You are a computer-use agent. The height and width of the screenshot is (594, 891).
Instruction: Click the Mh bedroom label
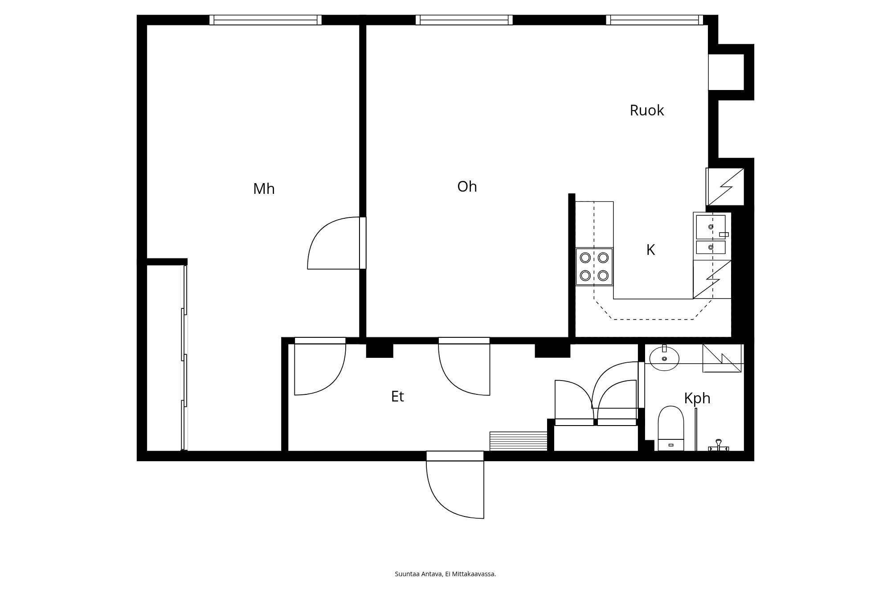tap(264, 189)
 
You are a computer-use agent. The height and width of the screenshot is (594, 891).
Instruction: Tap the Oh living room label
tap(467, 186)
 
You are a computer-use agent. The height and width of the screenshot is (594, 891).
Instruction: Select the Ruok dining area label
tap(646, 110)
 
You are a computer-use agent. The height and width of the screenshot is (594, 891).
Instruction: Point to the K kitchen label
tap(650, 250)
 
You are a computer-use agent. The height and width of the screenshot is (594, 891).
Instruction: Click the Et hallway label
tap(397, 396)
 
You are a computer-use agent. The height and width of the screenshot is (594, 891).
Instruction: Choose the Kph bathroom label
tap(697, 398)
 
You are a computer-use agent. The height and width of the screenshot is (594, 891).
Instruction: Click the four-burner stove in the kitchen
tap(594, 266)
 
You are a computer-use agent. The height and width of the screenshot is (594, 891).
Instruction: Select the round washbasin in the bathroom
tap(664, 358)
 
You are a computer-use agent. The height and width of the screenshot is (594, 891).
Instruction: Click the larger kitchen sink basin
tap(711, 227)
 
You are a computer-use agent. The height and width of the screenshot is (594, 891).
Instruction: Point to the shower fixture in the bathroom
tap(718, 445)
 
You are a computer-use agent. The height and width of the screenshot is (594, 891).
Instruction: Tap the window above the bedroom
tap(266, 20)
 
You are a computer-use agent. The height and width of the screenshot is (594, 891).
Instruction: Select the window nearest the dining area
tap(654, 20)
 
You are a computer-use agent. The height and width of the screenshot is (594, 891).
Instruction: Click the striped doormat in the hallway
tap(518, 441)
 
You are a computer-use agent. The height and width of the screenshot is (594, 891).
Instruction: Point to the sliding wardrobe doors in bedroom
tap(184, 356)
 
